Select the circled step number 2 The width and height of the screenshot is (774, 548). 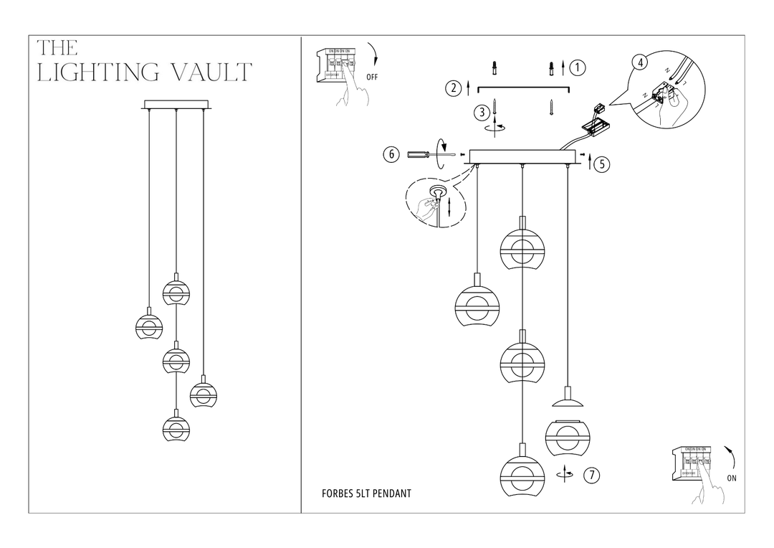(x=453, y=89)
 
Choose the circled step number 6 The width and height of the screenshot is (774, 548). (x=391, y=154)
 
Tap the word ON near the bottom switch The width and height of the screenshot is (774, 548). (x=732, y=478)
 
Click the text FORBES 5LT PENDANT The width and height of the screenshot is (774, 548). (x=366, y=494)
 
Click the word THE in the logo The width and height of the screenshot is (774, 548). (x=57, y=48)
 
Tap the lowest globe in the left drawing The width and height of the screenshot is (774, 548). (x=176, y=427)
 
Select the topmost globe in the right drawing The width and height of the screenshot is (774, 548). (x=522, y=247)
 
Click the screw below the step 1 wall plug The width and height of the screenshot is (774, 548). (x=551, y=108)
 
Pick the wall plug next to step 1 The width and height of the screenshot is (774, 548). (x=551, y=69)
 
